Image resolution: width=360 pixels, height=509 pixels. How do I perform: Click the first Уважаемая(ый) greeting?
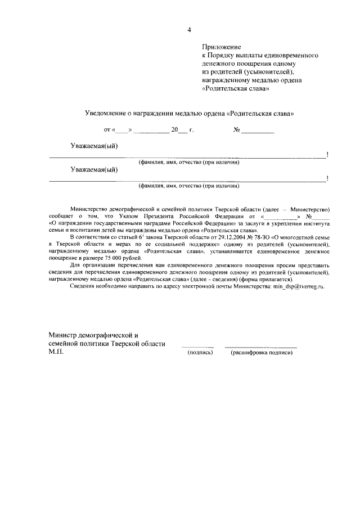click(94, 146)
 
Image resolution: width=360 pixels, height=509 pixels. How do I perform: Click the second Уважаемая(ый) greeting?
click(94, 170)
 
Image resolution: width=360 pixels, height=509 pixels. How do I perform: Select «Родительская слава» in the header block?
click(236, 88)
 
